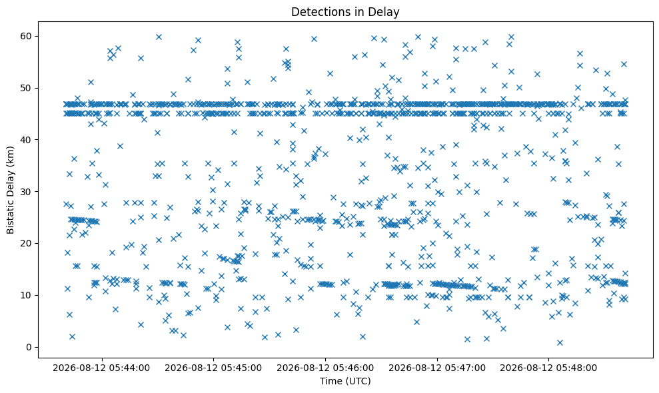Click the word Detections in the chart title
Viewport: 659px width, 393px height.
[317, 12]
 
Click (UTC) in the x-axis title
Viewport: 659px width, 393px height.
[358, 381]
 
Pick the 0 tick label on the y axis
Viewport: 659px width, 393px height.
[29, 347]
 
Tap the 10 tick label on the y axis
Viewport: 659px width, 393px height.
[27, 296]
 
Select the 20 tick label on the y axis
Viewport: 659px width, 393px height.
[27, 243]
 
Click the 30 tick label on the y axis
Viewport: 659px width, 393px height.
[27, 192]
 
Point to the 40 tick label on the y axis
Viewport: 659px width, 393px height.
[27, 139]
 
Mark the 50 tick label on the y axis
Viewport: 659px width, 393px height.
[27, 88]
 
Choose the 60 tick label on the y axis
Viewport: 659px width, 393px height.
[27, 36]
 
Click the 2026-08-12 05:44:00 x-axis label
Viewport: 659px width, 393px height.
[101, 368]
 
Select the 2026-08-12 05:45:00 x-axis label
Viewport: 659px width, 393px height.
[213, 368]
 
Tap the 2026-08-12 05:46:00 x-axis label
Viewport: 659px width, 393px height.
[325, 368]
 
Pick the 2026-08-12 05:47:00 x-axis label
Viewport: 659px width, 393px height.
[437, 368]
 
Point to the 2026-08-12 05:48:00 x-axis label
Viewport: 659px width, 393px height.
[548, 368]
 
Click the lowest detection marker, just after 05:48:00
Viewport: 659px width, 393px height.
[560, 342]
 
